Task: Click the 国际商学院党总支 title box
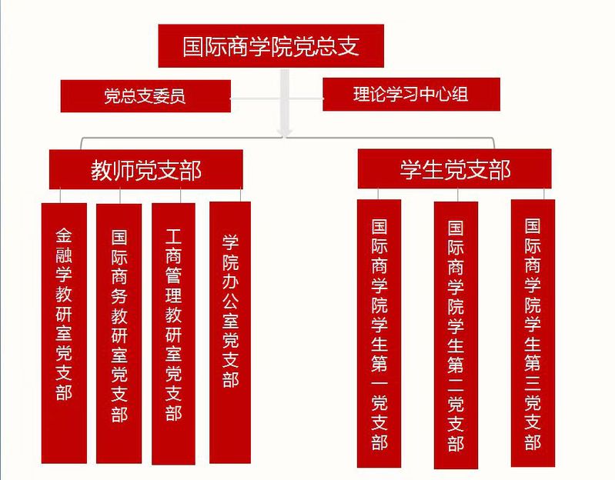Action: point(270,46)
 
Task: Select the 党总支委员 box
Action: point(145,96)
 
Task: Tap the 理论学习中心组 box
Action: point(411,95)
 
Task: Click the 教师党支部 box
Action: point(145,169)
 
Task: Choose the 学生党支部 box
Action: point(454,169)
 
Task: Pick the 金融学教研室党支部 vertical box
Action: point(64,331)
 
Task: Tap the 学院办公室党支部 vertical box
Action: point(230,331)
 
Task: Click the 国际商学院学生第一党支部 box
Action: point(379,332)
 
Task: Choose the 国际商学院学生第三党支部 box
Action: point(533,332)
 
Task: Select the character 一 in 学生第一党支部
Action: point(379,378)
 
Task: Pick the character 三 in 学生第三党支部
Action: point(533,378)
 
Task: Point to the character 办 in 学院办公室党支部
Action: point(230,281)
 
